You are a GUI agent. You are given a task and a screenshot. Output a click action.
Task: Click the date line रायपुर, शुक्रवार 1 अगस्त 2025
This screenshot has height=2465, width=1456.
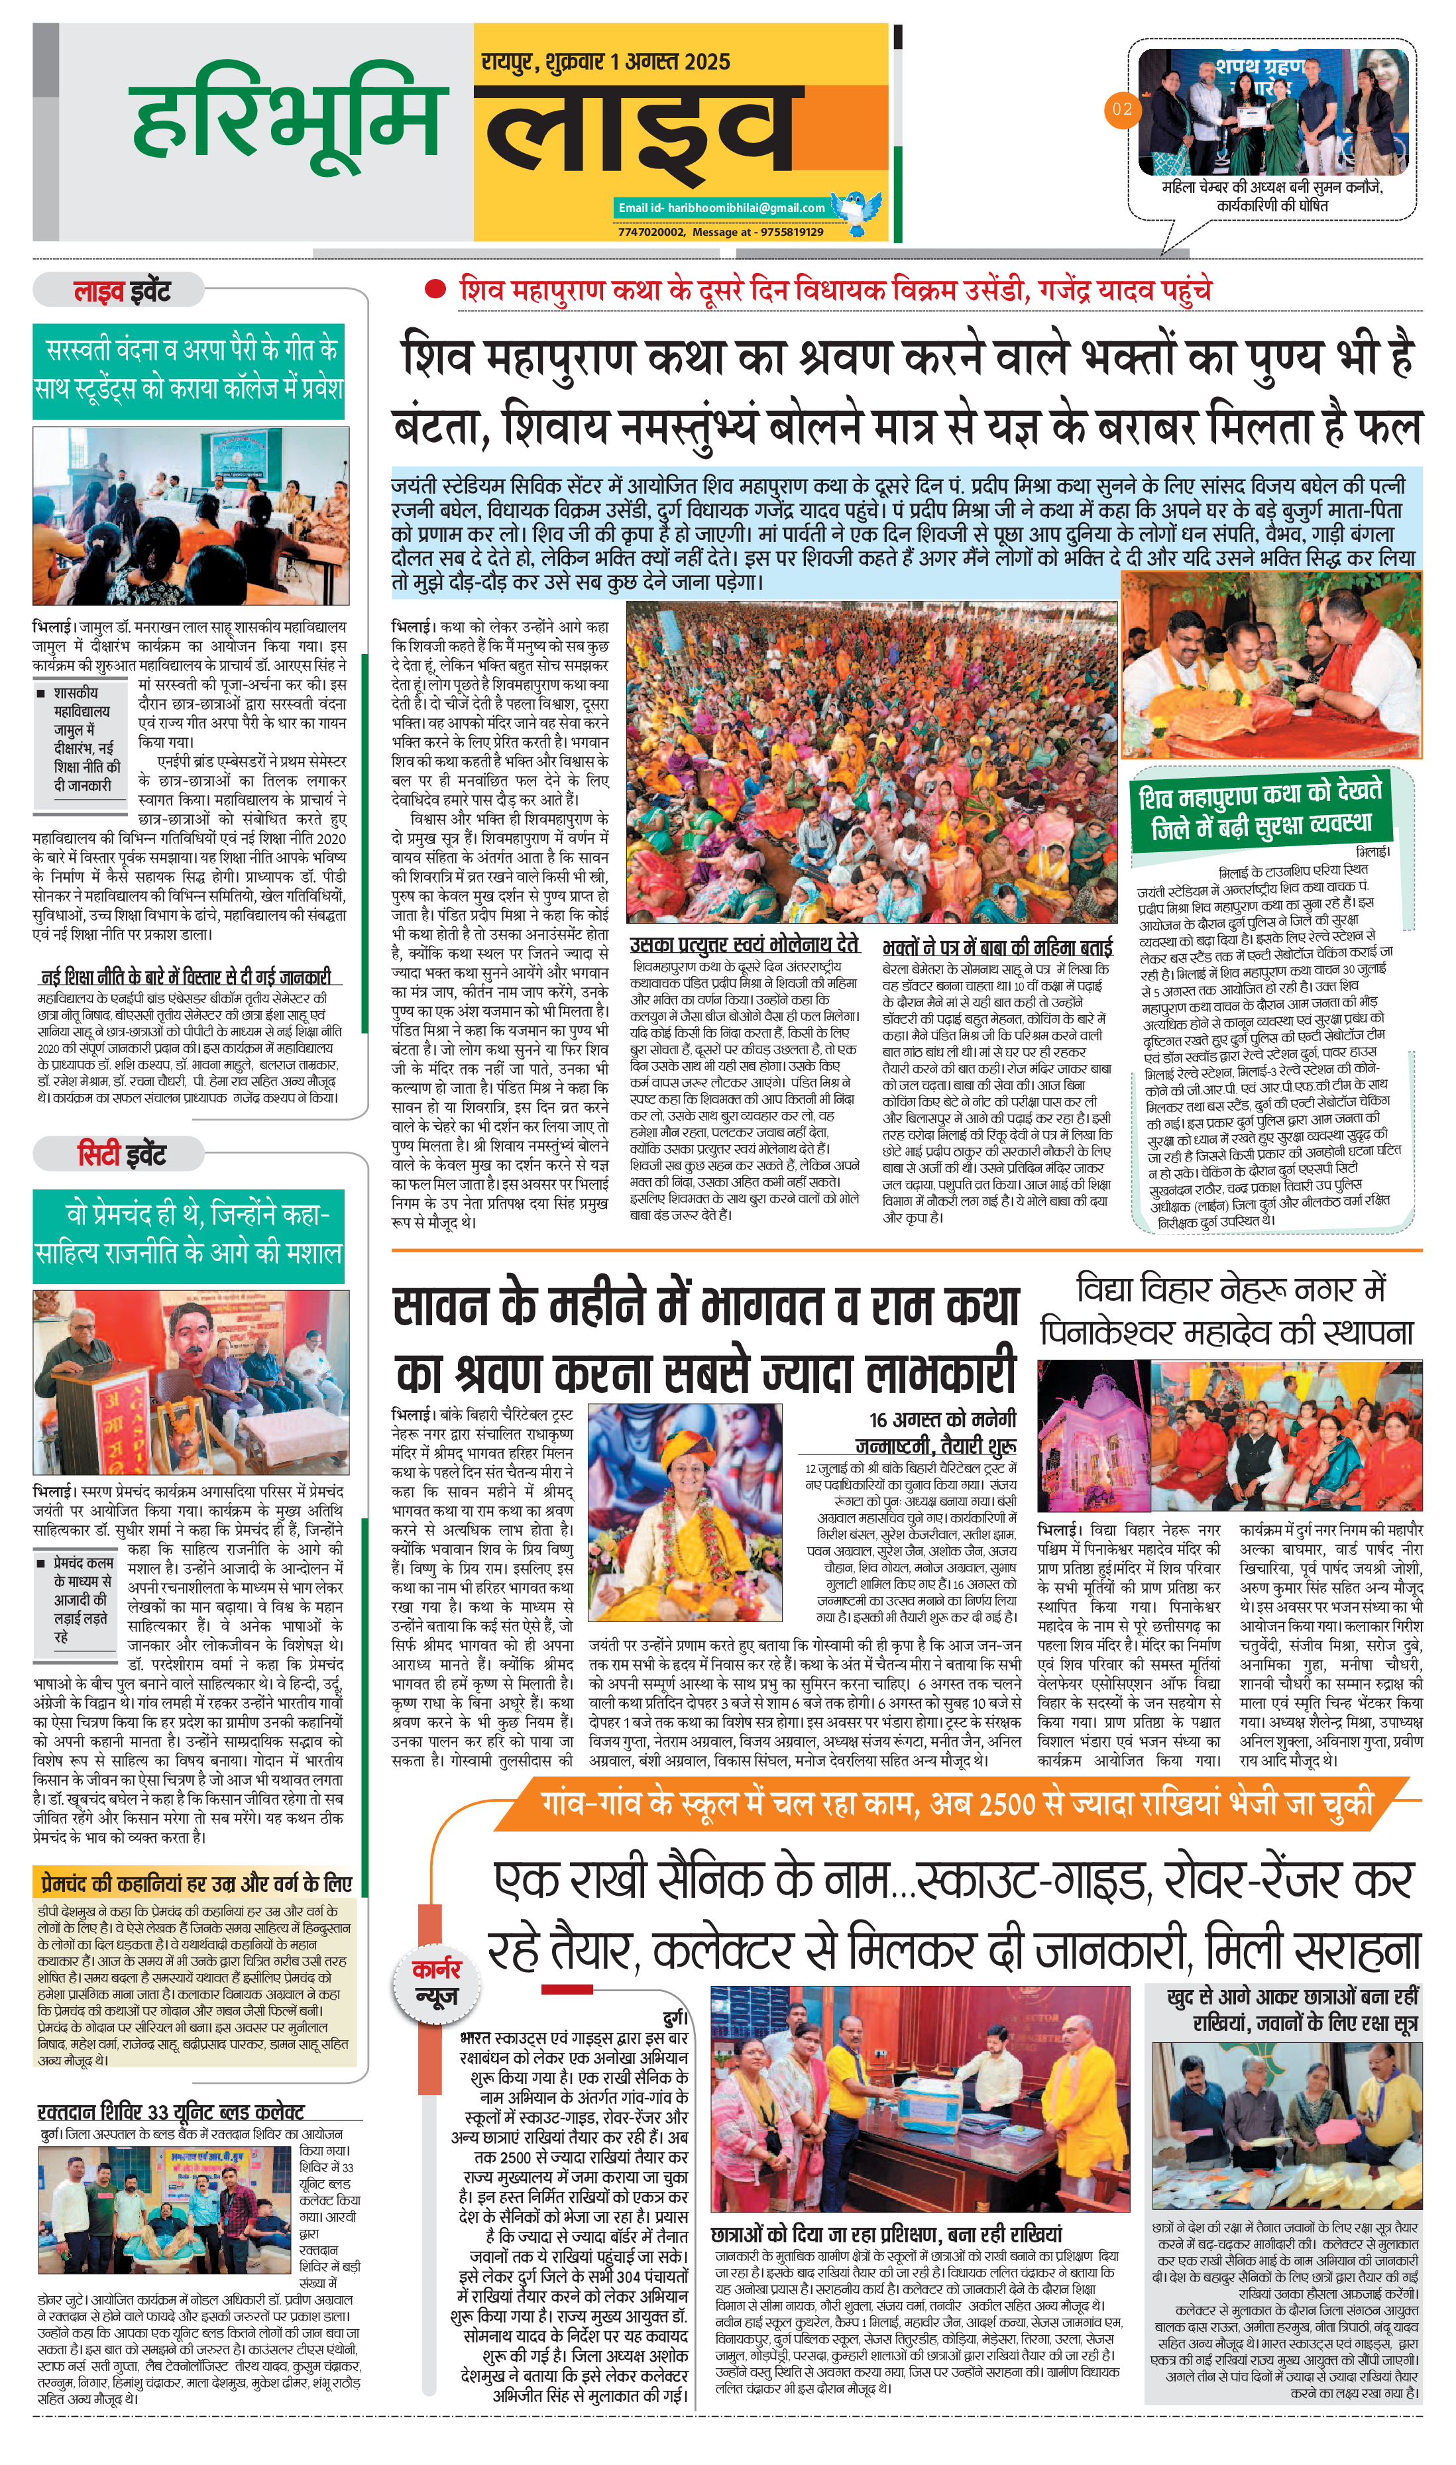pos(605,62)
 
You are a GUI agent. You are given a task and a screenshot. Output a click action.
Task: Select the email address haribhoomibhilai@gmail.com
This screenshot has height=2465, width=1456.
pos(721,207)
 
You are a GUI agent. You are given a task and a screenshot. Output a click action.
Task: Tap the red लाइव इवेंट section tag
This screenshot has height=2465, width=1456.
pos(122,292)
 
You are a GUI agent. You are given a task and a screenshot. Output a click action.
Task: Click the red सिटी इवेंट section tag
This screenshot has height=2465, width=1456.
pos(122,1154)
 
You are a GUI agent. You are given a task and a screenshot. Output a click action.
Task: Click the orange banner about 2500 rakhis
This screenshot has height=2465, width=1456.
pos(956,1801)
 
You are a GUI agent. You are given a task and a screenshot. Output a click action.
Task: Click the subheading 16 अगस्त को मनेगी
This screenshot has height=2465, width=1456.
pos(942,1419)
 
